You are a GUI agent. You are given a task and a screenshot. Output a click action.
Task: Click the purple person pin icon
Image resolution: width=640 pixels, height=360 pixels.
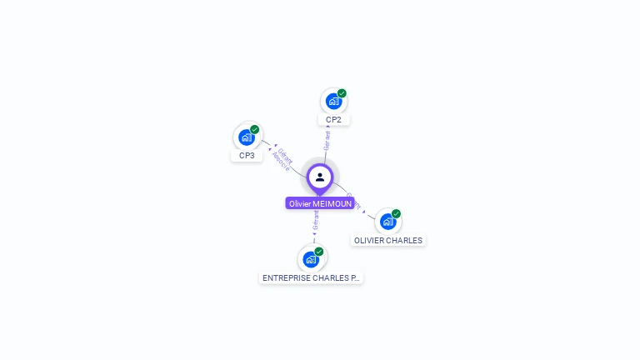click(x=320, y=177)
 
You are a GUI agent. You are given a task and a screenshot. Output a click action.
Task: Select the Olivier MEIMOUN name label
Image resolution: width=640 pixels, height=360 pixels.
click(x=320, y=203)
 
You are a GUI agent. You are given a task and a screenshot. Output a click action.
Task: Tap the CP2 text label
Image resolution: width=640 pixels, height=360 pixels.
click(x=333, y=120)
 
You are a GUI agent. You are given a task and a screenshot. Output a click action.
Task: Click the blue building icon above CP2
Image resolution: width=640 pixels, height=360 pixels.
click(x=333, y=102)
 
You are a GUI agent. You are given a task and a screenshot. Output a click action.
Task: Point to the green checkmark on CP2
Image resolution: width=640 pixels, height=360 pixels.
click(x=342, y=93)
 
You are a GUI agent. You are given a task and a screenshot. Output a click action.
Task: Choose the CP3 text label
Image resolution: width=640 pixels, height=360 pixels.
click(x=247, y=156)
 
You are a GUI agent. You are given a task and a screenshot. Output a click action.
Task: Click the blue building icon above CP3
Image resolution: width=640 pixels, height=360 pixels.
click(x=246, y=137)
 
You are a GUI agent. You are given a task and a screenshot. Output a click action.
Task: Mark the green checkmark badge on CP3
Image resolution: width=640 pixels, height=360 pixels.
click(x=254, y=130)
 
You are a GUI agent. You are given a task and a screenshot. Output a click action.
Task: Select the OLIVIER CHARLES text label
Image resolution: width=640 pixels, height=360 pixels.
click(x=387, y=241)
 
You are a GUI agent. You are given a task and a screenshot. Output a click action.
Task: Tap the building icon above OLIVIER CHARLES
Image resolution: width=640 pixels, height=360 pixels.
click(x=387, y=222)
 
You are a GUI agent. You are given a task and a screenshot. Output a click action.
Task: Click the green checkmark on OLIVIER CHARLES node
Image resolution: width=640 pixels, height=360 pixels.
click(x=396, y=214)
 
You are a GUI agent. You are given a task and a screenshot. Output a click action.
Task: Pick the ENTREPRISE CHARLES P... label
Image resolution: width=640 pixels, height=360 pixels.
click(x=311, y=277)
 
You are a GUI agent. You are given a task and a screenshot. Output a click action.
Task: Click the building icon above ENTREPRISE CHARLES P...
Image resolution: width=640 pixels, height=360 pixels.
click(x=311, y=259)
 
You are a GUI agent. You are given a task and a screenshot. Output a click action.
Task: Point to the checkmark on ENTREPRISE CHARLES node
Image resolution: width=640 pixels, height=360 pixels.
click(x=319, y=251)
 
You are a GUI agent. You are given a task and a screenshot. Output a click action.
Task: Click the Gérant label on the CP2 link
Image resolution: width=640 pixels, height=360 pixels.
click(x=327, y=139)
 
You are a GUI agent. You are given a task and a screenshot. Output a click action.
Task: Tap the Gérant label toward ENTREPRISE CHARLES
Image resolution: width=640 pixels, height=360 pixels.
click(x=316, y=221)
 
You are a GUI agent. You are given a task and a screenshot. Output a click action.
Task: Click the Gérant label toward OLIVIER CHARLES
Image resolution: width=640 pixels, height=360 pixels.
click(x=353, y=202)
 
